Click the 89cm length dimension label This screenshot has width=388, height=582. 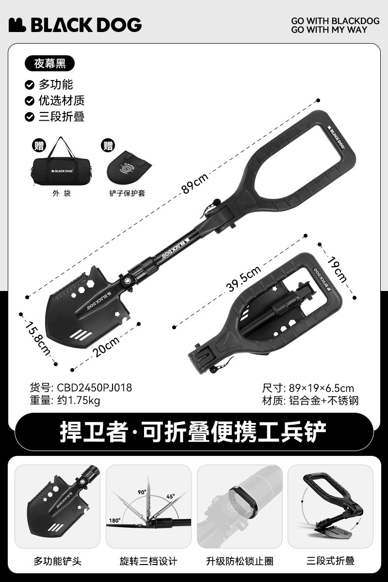pos(195,183)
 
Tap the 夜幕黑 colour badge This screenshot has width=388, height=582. pos(49,64)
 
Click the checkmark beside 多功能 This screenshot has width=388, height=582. pos(30,85)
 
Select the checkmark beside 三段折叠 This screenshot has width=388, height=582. pos(30,117)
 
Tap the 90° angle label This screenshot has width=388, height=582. pos(142,492)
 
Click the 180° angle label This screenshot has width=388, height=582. pos(114,520)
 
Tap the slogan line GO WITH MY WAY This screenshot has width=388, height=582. pos(329,30)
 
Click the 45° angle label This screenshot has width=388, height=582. pos(171,497)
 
